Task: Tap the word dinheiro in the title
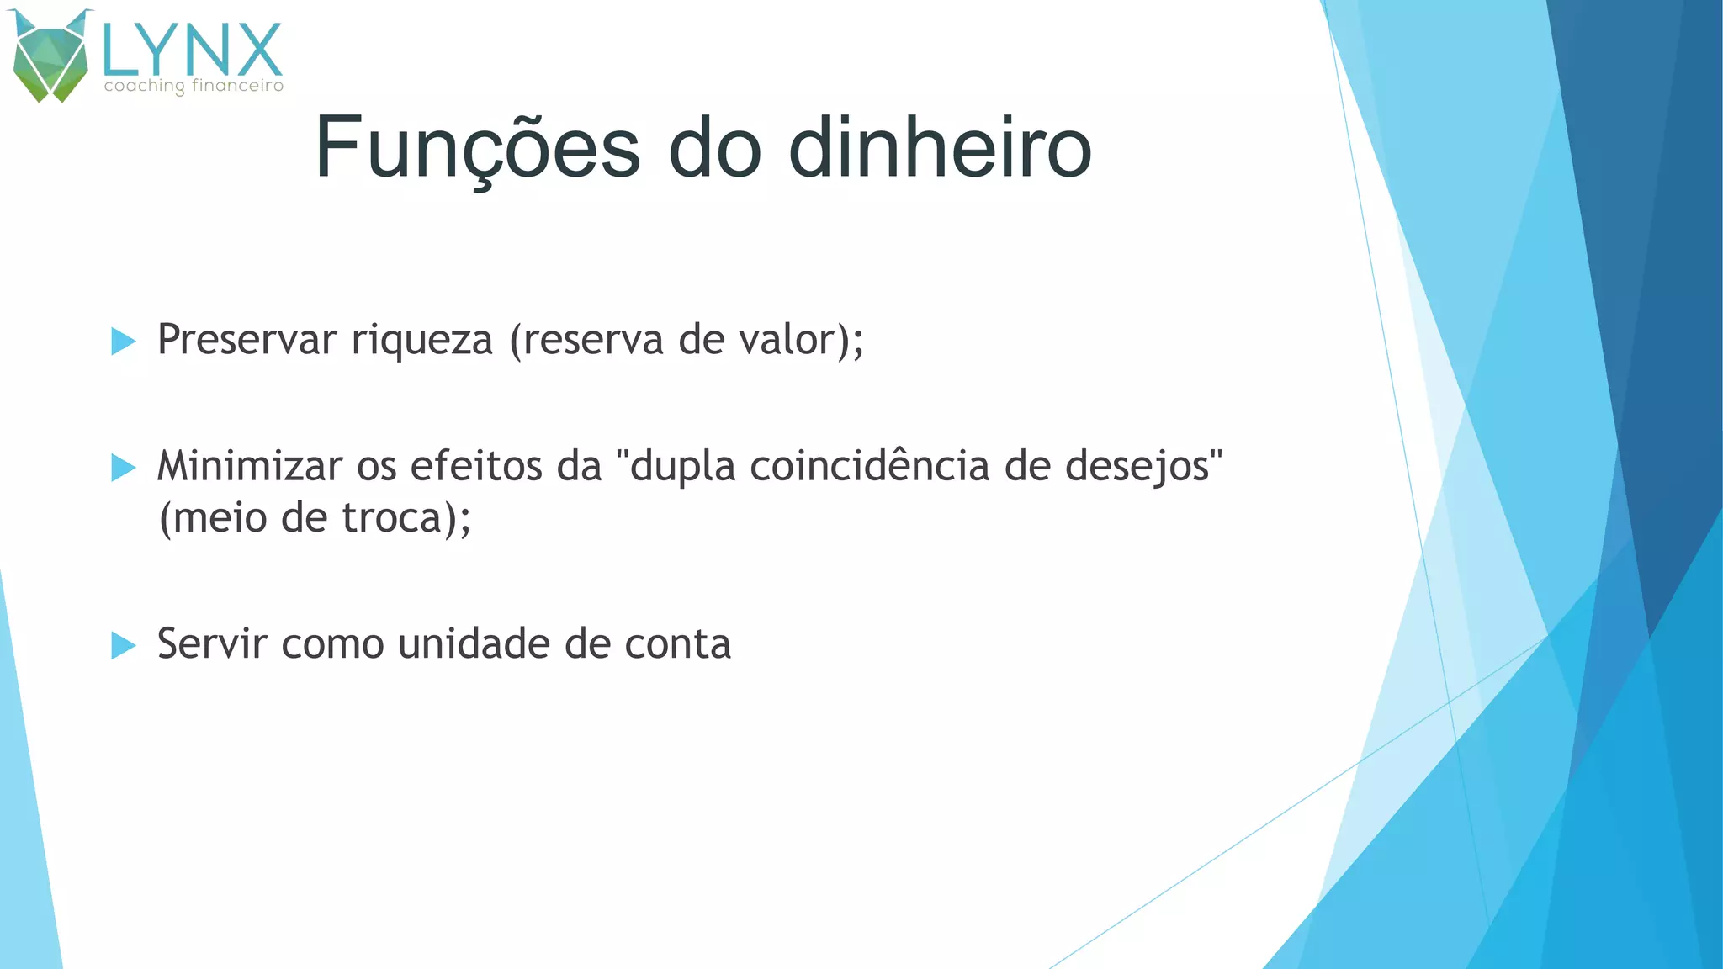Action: coord(940,148)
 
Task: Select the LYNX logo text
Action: coord(192,50)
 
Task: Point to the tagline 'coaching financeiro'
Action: coord(194,86)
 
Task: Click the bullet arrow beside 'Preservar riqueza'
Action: coord(123,341)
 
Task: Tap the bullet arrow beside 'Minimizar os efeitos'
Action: coord(123,468)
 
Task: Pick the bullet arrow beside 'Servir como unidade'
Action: coord(123,645)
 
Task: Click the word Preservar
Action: coord(247,340)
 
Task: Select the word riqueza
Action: coord(421,340)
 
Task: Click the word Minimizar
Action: coord(249,466)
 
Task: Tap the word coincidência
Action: coord(869,466)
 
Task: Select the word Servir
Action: coord(211,643)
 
